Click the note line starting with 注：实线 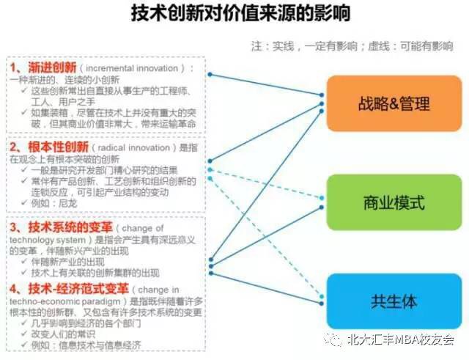click(x=352, y=45)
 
